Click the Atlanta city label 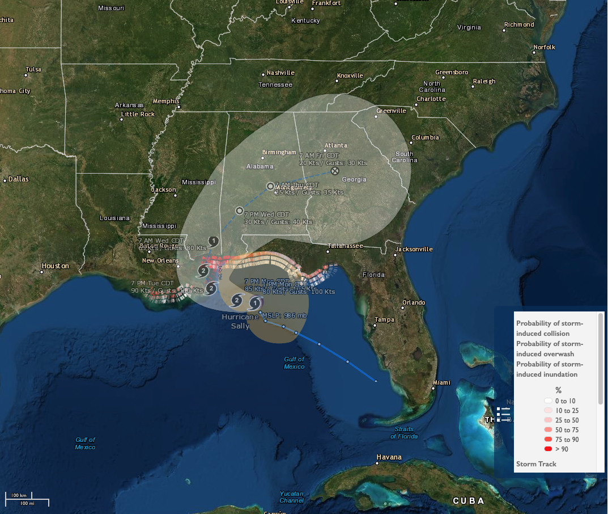(x=335, y=146)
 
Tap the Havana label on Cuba (x=389, y=457)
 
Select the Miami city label (x=441, y=383)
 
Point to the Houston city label (x=55, y=266)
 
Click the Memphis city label (x=166, y=102)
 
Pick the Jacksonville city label (x=414, y=249)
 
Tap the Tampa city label (x=384, y=320)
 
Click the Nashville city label (x=280, y=73)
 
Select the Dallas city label (x=18, y=179)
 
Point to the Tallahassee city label (x=345, y=246)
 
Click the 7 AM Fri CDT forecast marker (x=335, y=170)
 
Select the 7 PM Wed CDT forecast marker (x=239, y=210)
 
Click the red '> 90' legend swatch (x=548, y=449)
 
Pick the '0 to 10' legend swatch (x=548, y=401)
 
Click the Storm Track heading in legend (x=536, y=464)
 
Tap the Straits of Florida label (x=403, y=433)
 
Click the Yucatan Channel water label (x=291, y=497)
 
